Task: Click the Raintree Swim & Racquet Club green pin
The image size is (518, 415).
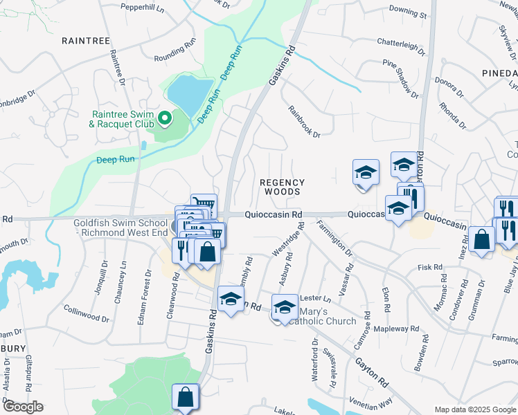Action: tap(164, 119)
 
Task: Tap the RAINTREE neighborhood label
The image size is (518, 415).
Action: tap(86, 41)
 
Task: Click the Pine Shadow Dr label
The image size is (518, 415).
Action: tap(401, 78)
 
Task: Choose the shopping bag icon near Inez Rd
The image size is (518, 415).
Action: tap(481, 240)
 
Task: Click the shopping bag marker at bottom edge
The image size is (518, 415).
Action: tap(185, 398)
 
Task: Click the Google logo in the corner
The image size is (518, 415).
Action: tap(22, 407)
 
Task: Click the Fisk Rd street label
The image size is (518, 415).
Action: tap(429, 267)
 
